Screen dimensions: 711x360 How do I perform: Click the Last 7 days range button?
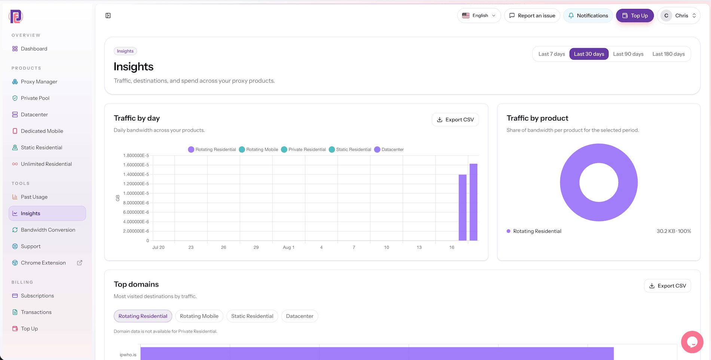[x=552, y=54]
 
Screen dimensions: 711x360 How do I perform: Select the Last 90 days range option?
[x=628, y=54]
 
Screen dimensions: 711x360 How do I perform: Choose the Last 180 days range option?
[x=669, y=54]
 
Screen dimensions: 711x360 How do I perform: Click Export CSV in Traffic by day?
[x=455, y=120]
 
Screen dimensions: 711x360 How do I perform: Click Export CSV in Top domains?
[x=668, y=286]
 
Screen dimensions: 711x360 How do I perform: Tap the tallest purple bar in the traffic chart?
[x=474, y=202]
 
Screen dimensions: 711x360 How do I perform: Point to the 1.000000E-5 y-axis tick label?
[x=136, y=193]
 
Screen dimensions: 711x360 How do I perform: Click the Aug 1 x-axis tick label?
[x=289, y=247]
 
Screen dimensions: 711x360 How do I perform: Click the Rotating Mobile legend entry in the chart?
[x=258, y=150]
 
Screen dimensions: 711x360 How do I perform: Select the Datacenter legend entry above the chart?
[x=389, y=150]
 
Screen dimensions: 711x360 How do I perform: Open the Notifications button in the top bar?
[x=588, y=16]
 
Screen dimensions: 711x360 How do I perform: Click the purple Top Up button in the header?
[x=635, y=16]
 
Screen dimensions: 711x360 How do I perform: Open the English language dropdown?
[x=479, y=16]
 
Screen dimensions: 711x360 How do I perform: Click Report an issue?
[x=532, y=16]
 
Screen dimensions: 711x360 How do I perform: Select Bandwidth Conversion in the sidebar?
[x=48, y=230]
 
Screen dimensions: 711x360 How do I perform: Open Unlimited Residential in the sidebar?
[x=46, y=164]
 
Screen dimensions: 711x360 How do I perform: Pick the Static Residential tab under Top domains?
[x=252, y=316]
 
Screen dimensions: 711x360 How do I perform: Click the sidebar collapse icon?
[x=108, y=16]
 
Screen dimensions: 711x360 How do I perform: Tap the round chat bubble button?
[x=692, y=342]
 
